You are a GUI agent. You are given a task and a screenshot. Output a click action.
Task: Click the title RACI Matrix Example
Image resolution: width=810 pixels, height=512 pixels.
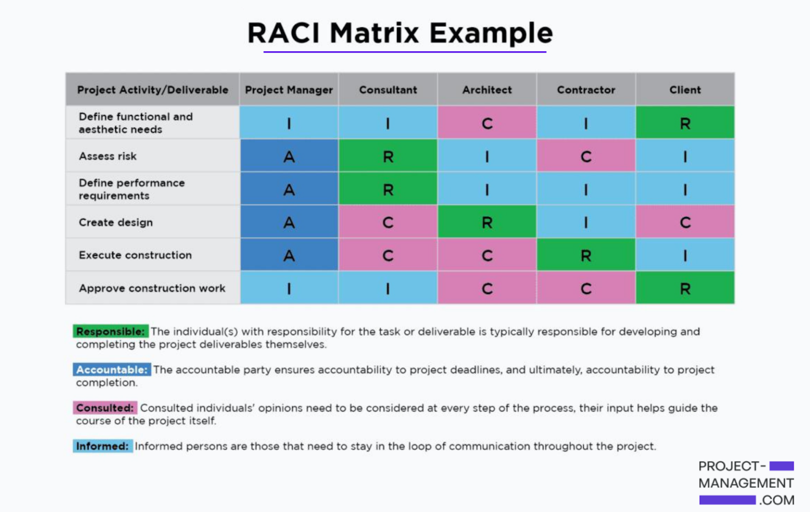pyautogui.click(x=400, y=33)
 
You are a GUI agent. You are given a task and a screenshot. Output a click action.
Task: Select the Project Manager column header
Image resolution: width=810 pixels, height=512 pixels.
pyautogui.click(x=288, y=90)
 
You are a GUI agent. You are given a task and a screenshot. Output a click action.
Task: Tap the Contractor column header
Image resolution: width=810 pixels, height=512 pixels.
pyautogui.click(x=586, y=90)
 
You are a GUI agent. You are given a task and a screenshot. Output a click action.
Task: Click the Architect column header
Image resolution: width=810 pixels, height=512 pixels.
pyautogui.click(x=487, y=90)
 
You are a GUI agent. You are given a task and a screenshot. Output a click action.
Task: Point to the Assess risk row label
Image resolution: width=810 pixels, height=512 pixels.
pyautogui.click(x=108, y=156)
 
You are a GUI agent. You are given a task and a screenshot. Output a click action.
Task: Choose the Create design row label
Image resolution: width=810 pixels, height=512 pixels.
pyautogui.click(x=115, y=222)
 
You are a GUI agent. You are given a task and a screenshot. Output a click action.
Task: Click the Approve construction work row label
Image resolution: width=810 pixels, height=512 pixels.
pyautogui.click(x=152, y=288)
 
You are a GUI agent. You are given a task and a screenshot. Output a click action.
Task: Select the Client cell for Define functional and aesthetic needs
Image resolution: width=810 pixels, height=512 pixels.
pyautogui.click(x=684, y=123)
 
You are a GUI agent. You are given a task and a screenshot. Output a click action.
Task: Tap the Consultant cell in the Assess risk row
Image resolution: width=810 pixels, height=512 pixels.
pyautogui.click(x=388, y=156)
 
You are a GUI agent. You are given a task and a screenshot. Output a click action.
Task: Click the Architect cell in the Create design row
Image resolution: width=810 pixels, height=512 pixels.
pyautogui.click(x=487, y=222)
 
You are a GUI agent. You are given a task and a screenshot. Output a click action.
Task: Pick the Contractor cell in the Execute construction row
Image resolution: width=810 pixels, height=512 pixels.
pyautogui.click(x=586, y=255)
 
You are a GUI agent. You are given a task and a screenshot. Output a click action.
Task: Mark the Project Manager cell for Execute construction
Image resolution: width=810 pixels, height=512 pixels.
pyautogui.click(x=288, y=255)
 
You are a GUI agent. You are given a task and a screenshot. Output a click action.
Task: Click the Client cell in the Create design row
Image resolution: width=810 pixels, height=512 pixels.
pyautogui.click(x=684, y=222)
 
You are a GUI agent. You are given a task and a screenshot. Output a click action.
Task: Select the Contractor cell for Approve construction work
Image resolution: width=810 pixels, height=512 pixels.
pyautogui.click(x=586, y=288)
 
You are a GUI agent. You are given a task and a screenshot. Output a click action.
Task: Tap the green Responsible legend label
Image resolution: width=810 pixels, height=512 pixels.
pyautogui.click(x=110, y=331)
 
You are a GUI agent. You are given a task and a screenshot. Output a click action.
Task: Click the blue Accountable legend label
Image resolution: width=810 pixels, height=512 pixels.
pyautogui.click(x=111, y=370)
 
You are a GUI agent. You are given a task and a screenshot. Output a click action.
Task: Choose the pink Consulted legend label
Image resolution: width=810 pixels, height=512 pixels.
pyautogui.click(x=104, y=408)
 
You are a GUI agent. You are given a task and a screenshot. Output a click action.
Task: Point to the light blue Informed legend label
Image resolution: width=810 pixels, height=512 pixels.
pyautogui.click(x=102, y=446)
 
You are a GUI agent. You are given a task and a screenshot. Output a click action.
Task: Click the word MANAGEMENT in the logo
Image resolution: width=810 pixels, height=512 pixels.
pyautogui.click(x=746, y=483)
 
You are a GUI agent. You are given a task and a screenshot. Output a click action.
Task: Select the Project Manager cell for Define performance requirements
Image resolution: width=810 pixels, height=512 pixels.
pyautogui.click(x=288, y=189)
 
